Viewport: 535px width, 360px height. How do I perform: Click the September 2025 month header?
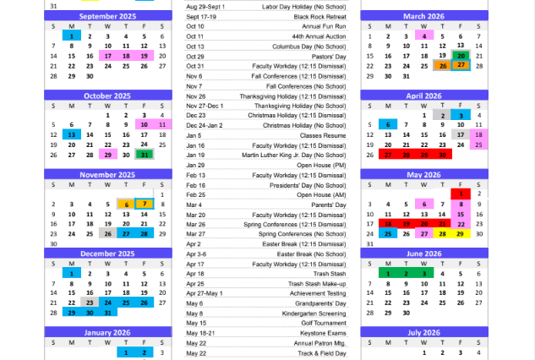tap(107, 16)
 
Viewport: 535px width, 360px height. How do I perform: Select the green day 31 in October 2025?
tap(143, 155)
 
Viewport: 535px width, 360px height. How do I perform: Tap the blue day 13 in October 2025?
tap(71, 134)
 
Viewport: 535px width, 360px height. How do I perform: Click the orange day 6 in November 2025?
tap(125, 204)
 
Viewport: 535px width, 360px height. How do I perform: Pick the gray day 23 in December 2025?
tap(90, 302)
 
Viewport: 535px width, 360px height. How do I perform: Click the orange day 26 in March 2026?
tap(441, 66)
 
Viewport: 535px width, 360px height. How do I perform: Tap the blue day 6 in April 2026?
tap(387, 124)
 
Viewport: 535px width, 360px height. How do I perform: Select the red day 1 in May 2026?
tap(461, 194)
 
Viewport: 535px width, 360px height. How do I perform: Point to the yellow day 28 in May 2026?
tap(441, 233)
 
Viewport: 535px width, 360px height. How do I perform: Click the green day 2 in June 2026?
tap(406, 273)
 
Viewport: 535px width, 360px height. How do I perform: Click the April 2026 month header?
tap(423, 95)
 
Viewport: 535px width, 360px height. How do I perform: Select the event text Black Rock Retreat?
tap(322, 17)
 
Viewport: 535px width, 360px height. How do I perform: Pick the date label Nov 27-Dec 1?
tap(205, 106)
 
